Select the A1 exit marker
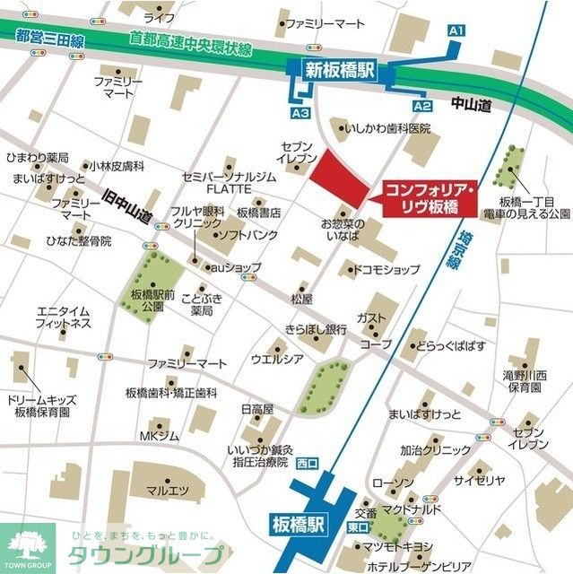[456, 31]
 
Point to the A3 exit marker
[300, 113]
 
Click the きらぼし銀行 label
[315, 328]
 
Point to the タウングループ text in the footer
[139, 553]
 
